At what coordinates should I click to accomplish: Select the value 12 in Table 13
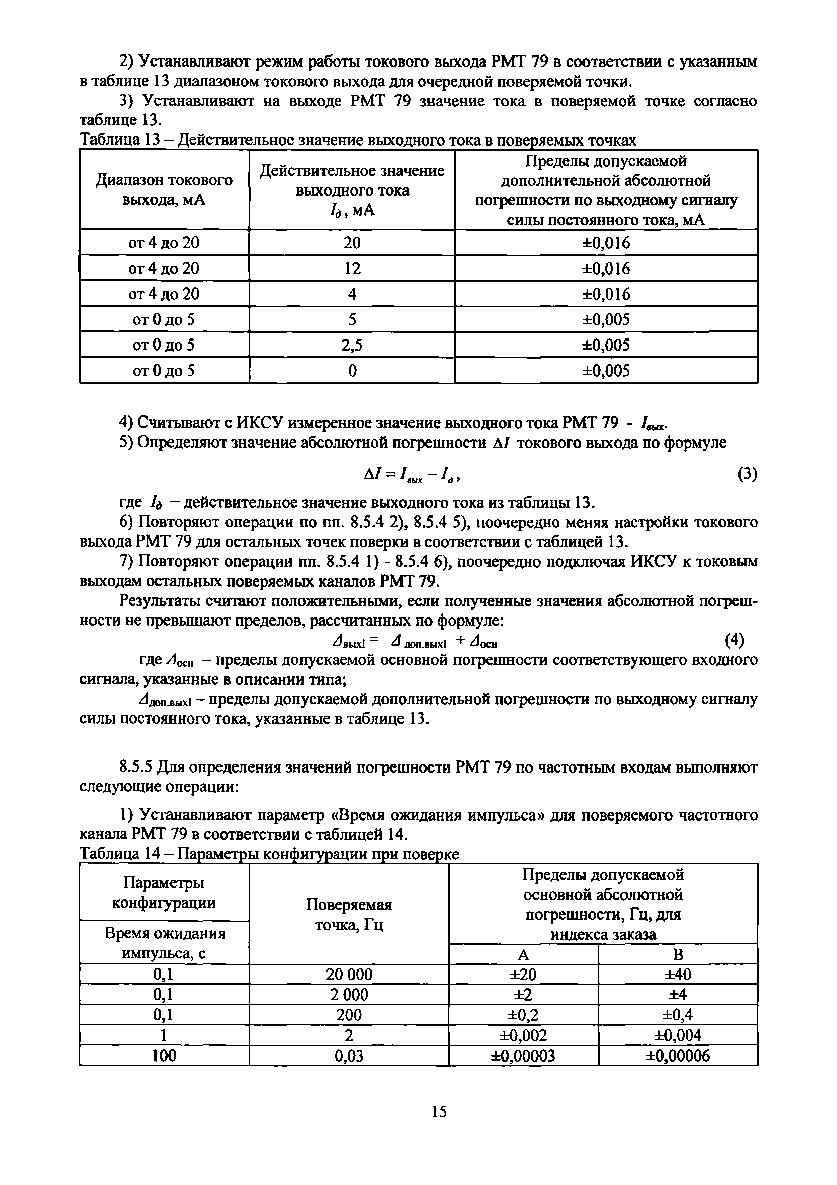coord(352,268)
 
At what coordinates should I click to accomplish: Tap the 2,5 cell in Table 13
coord(352,345)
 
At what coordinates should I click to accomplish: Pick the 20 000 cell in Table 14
coord(349,975)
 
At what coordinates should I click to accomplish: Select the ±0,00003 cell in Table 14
coord(523,1056)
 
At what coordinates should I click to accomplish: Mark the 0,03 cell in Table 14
coord(349,1056)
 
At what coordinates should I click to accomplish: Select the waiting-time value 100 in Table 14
coord(164,1056)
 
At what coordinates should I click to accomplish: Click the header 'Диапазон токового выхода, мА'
coord(164,190)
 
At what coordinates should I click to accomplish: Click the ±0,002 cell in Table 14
coord(523,1035)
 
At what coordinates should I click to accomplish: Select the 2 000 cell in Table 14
coord(349,994)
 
